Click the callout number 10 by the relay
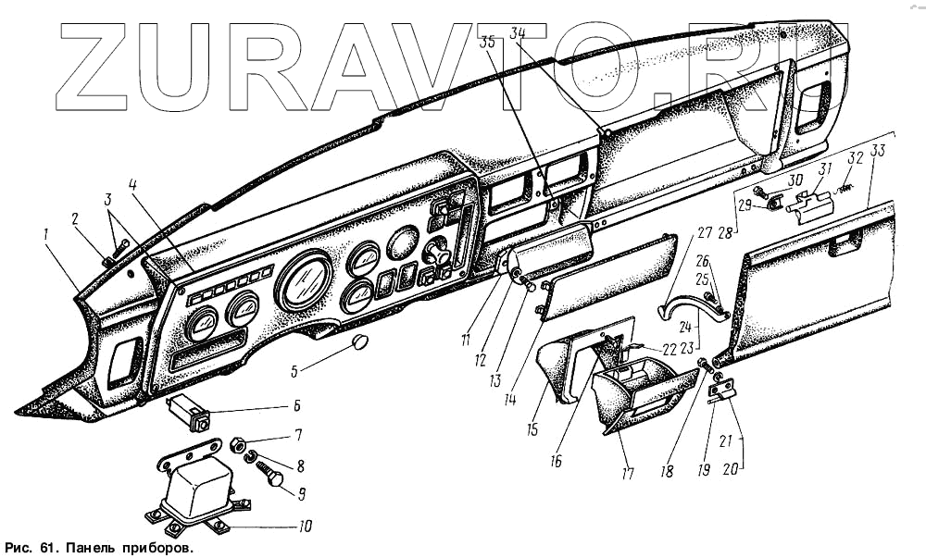click(x=305, y=527)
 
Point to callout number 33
click(x=877, y=154)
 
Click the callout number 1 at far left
click(x=44, y=236)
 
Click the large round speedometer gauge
click(x=306, y=279)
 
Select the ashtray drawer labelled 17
click(x=641, y=395)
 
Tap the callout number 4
click(x=133, y=185)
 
